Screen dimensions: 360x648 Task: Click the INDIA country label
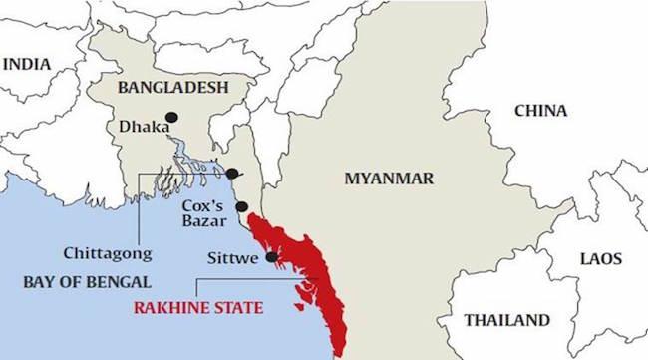tap(27, 64)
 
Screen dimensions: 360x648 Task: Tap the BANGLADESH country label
tap(172, 88)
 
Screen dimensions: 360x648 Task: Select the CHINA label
tap(540, 111)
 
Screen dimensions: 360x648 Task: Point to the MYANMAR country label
tap(388, 179)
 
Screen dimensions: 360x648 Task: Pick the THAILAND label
tap(507, 320)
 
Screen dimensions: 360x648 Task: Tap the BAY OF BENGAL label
tap(88, 281)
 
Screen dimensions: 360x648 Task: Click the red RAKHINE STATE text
tap(198, 308)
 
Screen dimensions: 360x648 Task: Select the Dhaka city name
tap(138, 127)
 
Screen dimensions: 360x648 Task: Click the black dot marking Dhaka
tap(171, 117)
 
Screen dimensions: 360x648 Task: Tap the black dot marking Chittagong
tap(232, 174)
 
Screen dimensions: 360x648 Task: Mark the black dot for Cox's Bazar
tap(241, 206)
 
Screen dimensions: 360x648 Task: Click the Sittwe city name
tap(233, 258)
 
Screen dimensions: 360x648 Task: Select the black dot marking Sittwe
tap(271, 257)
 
